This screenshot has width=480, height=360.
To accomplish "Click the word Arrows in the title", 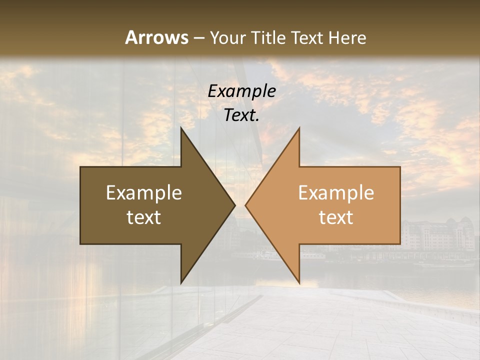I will point(156,37).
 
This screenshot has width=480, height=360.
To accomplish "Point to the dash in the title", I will point(199,38).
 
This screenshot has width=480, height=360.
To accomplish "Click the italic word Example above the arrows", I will point(241,91).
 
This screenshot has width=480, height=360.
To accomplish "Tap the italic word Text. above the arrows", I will point(241,115).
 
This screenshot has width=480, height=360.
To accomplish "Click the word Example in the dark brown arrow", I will point(144,193).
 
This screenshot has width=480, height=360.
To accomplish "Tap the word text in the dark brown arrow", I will point(144,217).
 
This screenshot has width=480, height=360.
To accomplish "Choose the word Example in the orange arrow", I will point(336,193).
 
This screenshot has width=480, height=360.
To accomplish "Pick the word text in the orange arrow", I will point(336,217).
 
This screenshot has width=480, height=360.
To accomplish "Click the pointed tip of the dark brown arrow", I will point(234,205).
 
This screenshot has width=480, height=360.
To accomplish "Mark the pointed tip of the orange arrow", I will point(246,205).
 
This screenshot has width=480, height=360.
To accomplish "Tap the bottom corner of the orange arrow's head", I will point(299,282).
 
